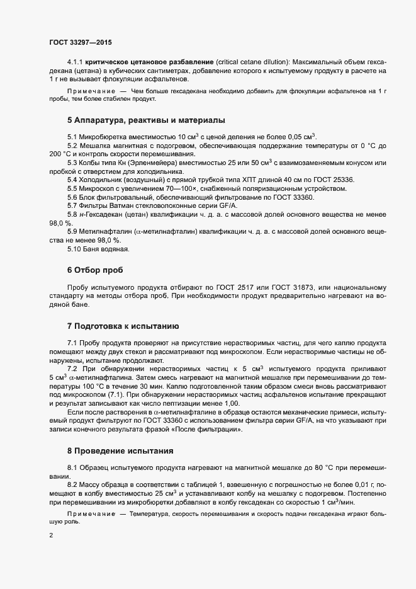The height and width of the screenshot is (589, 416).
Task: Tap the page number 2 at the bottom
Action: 51,536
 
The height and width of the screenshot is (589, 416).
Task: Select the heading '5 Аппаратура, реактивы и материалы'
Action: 146,120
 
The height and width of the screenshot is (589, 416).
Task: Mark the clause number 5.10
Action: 77,249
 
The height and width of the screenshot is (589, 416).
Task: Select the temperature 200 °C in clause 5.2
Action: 60,154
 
